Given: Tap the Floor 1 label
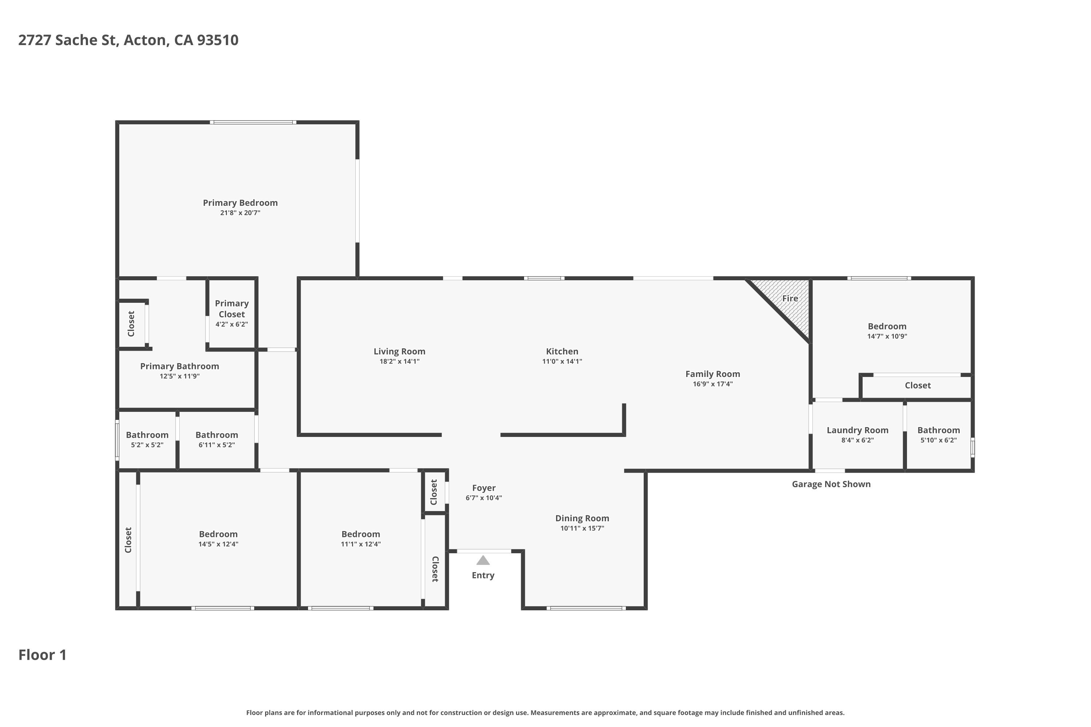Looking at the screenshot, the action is click(42, 655).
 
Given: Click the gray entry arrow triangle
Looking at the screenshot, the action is click(483, 561).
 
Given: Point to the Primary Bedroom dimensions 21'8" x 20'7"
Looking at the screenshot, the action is click(240, 213).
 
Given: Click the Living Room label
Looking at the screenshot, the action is click(399, 352).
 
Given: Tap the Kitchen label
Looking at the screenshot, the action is click(562, 352).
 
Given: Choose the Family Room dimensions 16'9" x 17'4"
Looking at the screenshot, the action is click(713, 384).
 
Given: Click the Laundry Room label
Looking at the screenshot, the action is click(858, 430).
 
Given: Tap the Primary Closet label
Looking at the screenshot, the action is click(232, 309).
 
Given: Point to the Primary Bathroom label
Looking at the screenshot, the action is click(180, 366).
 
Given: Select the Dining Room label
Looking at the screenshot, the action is click(582, 518).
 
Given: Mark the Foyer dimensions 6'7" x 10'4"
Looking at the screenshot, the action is click(484, 498).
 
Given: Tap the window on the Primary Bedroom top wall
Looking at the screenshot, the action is click(253, 122).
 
